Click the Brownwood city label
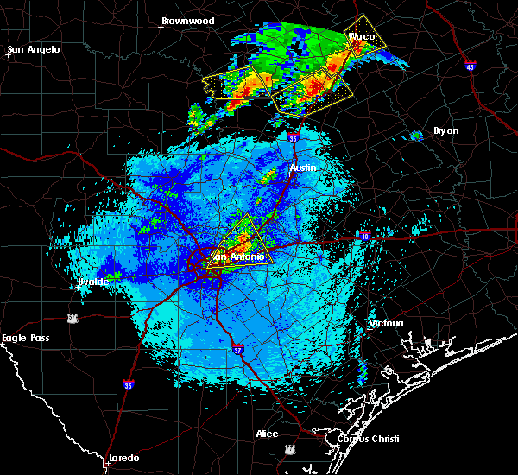tap(187, 20)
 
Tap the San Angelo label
tap(35, 49)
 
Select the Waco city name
tap(362, 37)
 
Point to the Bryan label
tap(445, 130)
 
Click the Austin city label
tap(303, 168)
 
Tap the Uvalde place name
tap(93, 282)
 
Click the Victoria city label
tap(386, 323)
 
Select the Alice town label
tap(267, 434)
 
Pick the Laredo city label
tap(123, 458)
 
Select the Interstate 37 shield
tap(238, 350)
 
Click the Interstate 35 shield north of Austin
tap(294, 137)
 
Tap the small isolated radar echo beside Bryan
tap(416, 135)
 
